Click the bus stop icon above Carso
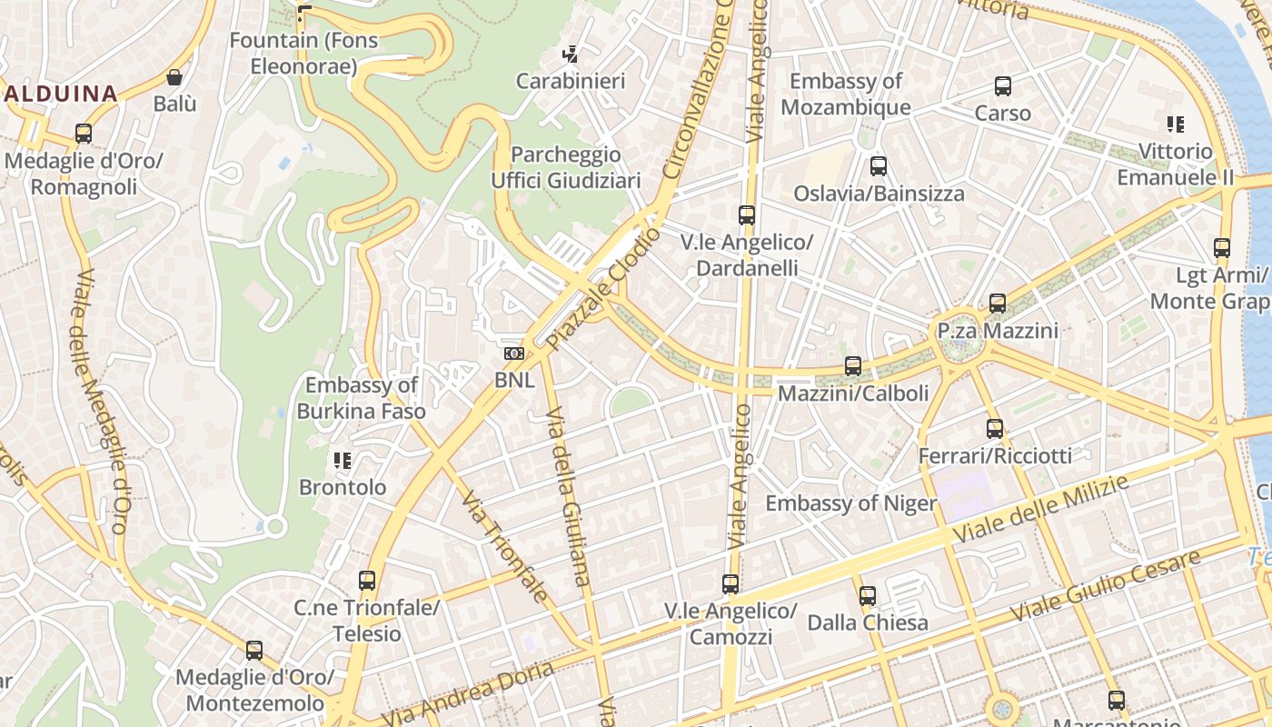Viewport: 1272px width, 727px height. [x=1003, y=86]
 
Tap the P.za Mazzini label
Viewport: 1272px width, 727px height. [x=998, y=330]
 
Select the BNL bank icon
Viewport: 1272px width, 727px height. [x=514, y=354]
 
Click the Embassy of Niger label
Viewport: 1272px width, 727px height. [x=850, y=503]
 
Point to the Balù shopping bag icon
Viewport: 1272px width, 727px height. [x=174, y=78]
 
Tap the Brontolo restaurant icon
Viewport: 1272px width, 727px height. [x=343, y=461]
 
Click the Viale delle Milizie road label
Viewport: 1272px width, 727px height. [x=1040, y=509]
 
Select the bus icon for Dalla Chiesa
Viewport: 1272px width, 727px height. [x=868, y=596]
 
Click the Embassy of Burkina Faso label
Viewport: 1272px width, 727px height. [x=361, y=398]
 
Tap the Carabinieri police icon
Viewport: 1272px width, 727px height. [x=571, y=55]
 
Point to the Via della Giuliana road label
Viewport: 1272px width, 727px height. [x=568, y=495]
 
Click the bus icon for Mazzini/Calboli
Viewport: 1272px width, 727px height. [x=853, y=366]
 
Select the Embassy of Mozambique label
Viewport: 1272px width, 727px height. [x=845, y=94]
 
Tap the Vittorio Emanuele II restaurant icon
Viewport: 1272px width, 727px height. [x=1176, y=124]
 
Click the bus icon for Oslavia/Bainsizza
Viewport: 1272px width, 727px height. [x=879, y=166]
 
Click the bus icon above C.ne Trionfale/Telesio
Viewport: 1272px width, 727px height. [x=367, y=580]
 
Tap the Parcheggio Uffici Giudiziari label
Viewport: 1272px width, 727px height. [x=565, y=167]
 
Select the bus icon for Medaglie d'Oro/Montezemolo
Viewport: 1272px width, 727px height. [x=254, y=651]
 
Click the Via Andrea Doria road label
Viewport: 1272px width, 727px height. [x=468, y=695]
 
